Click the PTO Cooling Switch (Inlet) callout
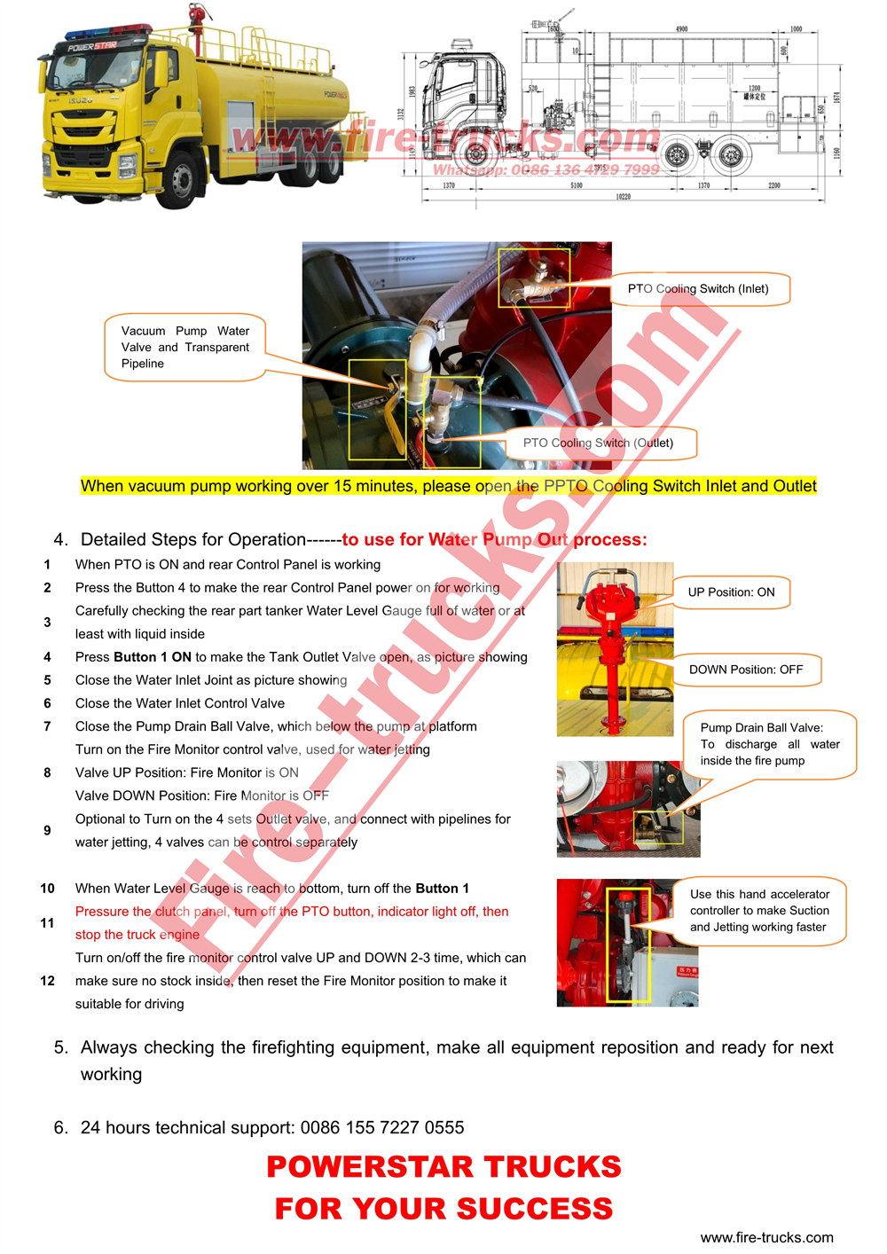(698, 289)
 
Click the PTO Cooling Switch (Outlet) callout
(598, 443)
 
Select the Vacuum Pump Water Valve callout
(185, 348)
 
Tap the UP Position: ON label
(731, 592)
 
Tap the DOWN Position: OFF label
(745, 670)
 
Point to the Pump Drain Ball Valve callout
(769, 744)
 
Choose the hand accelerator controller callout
(759, 911)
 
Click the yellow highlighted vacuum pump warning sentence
(448, 486)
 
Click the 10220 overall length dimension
(623, 197)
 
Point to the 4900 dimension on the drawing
(681, 29)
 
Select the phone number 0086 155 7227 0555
(382, 1128)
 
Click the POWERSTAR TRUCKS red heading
(443, 1167)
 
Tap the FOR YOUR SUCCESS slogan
(443, 1209)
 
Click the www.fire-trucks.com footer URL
(766, 1238)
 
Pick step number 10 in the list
(48, 889)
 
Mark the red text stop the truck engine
(137, 935)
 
